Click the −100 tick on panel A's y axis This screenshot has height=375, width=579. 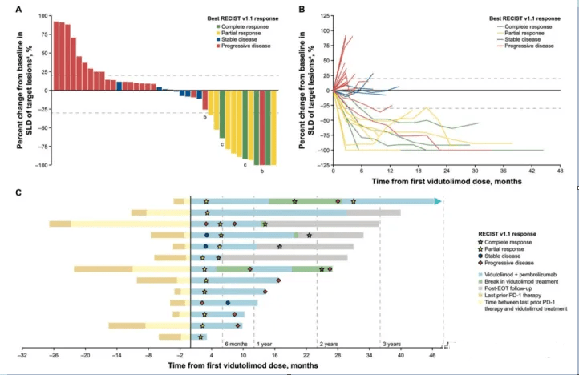(36, 165)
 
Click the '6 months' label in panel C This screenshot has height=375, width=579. (237, 343)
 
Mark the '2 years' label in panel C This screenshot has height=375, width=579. (329, 343)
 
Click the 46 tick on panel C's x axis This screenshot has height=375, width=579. (433, 353)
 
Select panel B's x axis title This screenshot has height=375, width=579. (445, 181)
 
